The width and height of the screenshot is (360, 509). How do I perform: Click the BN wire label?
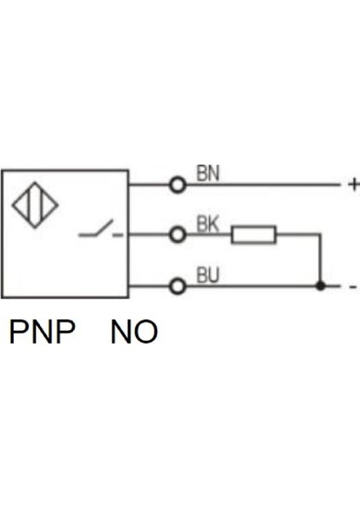pyautogui.click(x=208, y=174)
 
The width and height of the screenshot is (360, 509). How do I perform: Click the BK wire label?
pyautogui.click(x=208, y=225)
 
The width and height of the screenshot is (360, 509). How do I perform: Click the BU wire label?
pyautogui.click(x=208, y=276)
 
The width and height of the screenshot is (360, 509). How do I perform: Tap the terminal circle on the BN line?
pyautogui.click(x=177, y=185)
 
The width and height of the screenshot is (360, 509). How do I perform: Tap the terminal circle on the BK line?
pyautogui.click(x=177, y=235)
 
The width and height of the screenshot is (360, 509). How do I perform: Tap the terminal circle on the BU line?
pyautogui.click(x=177, y=287)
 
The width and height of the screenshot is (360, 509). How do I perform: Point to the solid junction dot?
pyautogui.click(x=320, y=287)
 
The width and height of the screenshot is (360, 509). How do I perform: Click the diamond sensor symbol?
pyautogui.click(x=36, y=205)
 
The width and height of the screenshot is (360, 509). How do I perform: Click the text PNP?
pyautogui.click(x=42, y=332)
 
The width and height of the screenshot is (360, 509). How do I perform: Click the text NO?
pyautogui.click(x=134, y=332)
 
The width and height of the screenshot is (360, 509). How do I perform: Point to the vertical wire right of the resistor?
pyautogui.click(x=320, y=259)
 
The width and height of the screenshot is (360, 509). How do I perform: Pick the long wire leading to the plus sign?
pyautogui.click(x=263, y=185)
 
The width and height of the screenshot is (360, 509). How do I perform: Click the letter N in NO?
pyautogui.click(x=121, y=332)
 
